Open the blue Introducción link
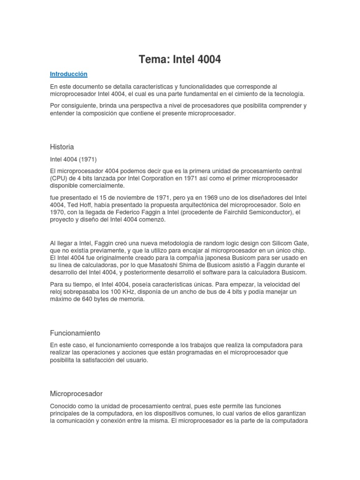69,74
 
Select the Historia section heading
62,147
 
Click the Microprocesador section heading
76,393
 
